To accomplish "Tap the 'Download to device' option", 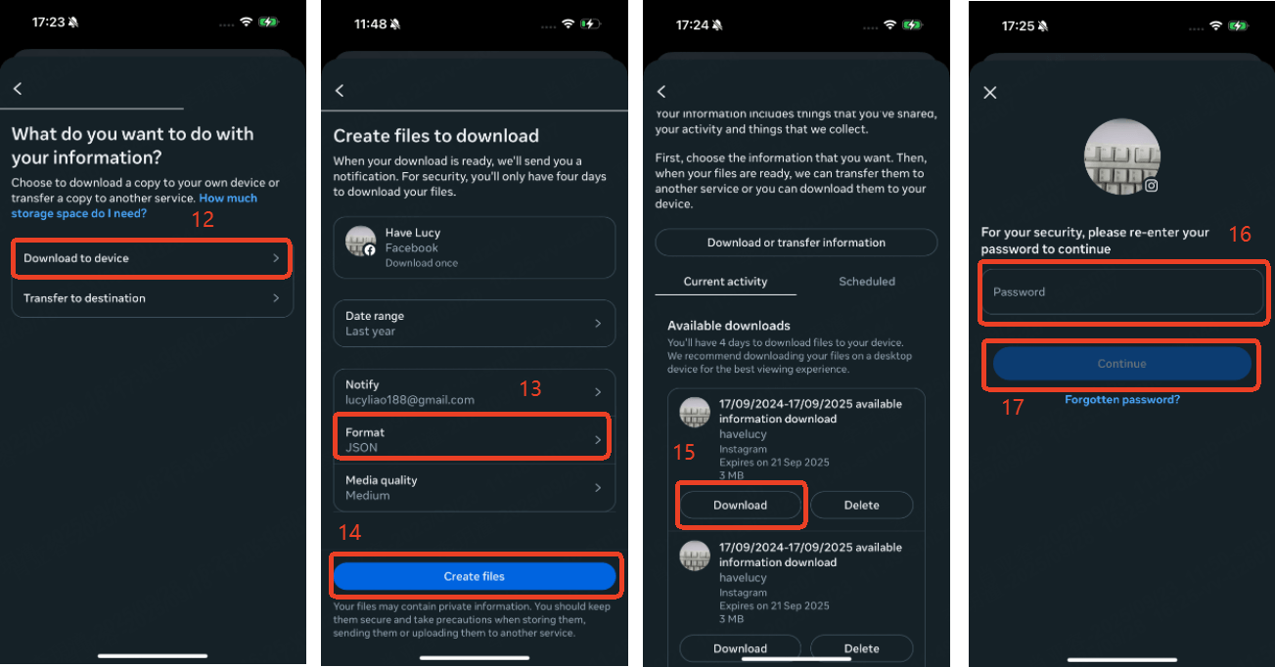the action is (152, 258).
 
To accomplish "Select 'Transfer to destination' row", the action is (152, 298).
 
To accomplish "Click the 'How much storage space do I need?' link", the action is (134, 206).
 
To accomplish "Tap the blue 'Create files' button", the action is (475, 576).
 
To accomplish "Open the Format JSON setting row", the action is (474, 439).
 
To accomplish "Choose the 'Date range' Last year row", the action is (475, 324).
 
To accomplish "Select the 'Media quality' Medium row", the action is (475, 488).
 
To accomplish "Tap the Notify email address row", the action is (475, 392).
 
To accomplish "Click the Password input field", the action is (1122, 292).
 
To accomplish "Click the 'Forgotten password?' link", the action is (1122, 400).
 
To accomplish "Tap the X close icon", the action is (990, 93).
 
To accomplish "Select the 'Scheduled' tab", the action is (866, 281).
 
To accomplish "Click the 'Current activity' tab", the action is (725, 281).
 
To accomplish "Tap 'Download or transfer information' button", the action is (796, 243).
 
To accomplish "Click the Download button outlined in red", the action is (740, 505).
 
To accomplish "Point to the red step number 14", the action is (349, 533).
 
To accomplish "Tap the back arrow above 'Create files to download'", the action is (340, 91).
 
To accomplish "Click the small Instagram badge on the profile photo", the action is (1151, 186).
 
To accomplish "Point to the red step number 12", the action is (203, 220).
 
